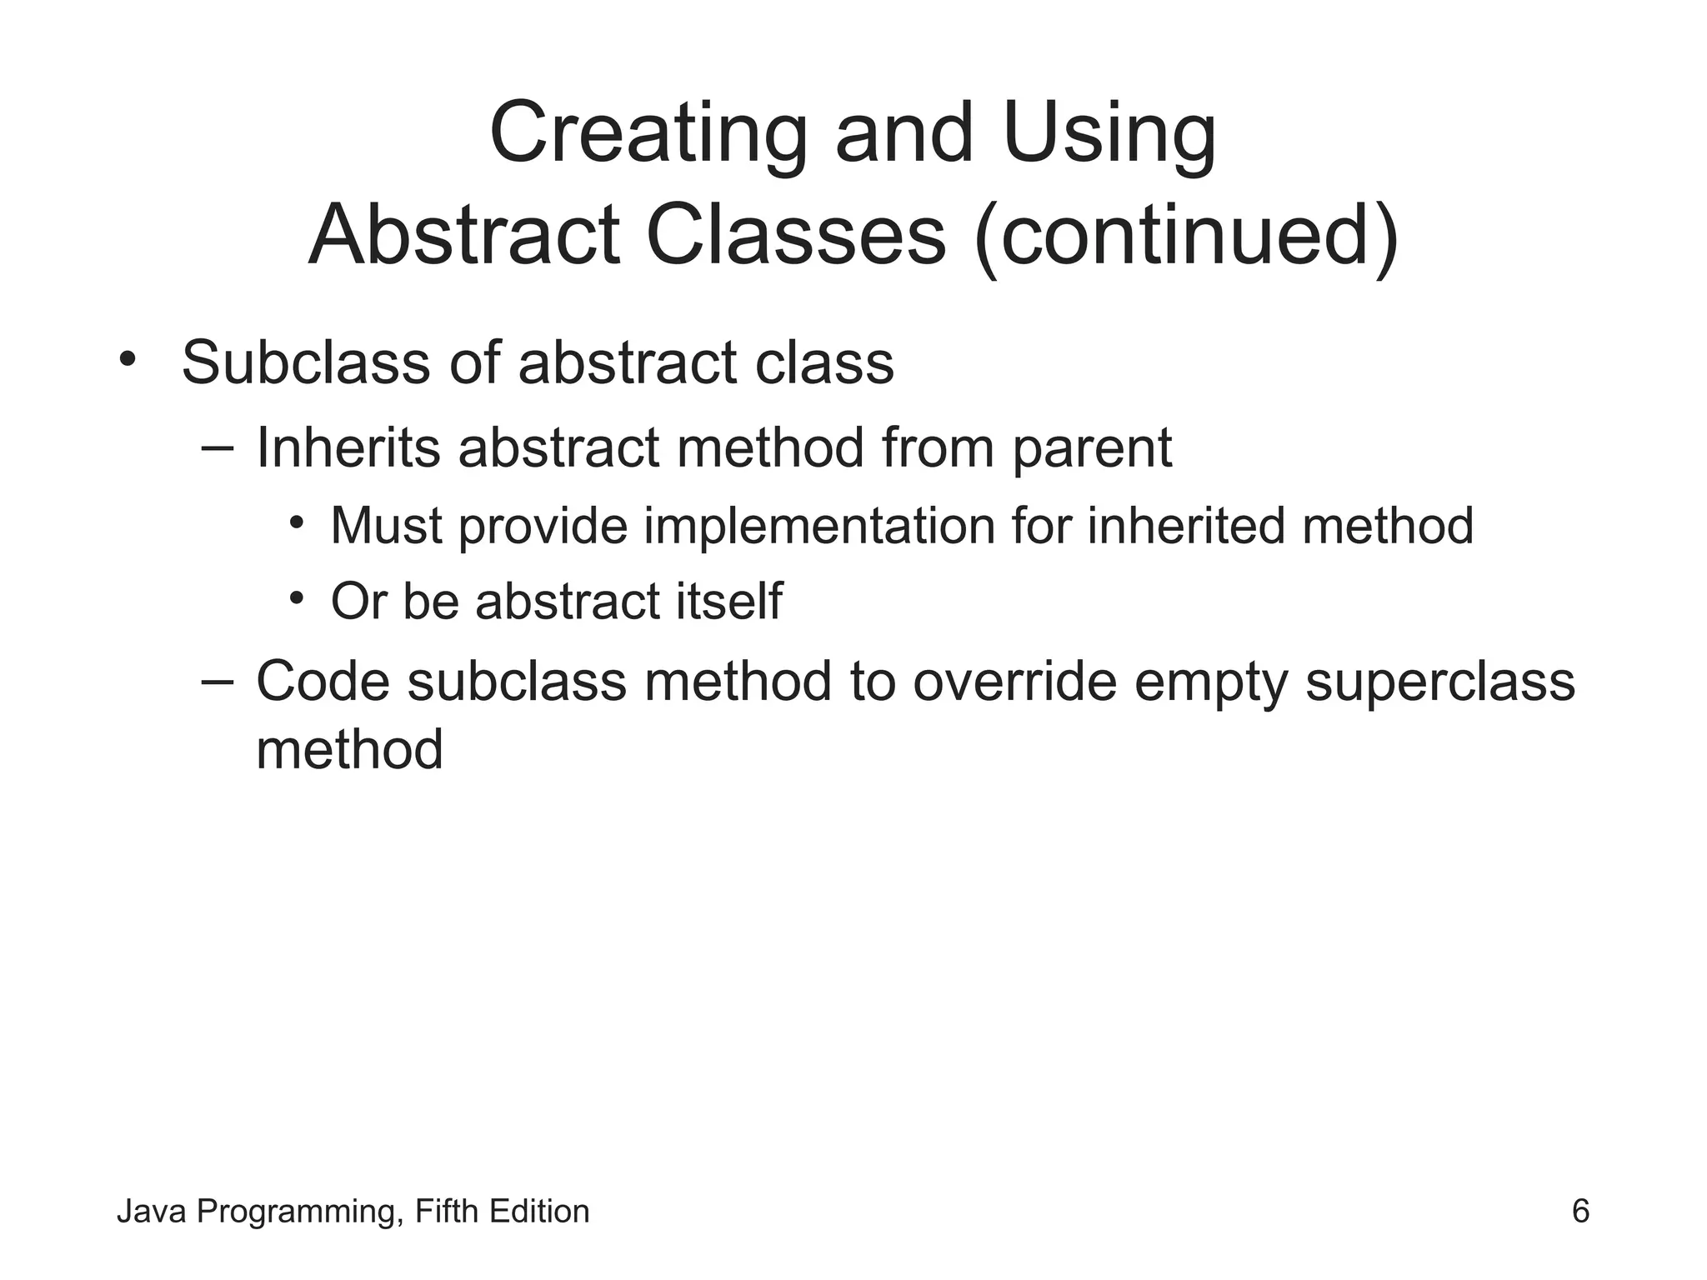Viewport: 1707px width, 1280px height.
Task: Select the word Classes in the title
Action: coord(795,237)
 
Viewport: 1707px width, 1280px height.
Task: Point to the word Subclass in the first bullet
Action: coord(305,362)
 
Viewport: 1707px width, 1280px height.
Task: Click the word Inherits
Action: coord(348,447)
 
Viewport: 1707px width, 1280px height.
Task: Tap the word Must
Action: coord(386,526)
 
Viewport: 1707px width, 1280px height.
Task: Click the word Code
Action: coord(323,681)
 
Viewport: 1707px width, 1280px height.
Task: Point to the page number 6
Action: coord(1580,1211)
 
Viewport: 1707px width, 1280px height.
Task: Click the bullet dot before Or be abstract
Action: coord(296,598)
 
